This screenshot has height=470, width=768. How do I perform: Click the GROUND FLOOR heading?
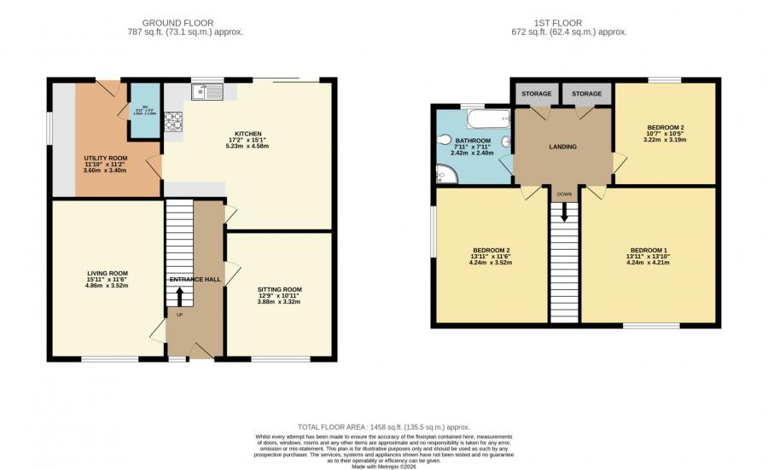click(178, 22)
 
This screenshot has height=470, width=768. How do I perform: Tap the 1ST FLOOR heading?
click(565, 22)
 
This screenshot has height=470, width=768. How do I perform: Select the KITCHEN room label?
click(247, 134)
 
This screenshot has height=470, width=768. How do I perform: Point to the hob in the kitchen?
click(173, 124)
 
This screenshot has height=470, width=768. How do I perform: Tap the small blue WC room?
click(145, 110)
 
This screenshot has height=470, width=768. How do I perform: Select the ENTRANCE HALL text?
click(195, 279)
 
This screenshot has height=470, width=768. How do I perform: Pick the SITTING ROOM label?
click(279, 290)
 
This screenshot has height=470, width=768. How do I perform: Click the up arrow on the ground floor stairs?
click(179, 296)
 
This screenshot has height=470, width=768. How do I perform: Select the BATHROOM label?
click(472, 141)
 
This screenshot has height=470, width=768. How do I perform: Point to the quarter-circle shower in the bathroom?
click(445, 174)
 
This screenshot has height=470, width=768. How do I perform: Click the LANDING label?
click(562, 147)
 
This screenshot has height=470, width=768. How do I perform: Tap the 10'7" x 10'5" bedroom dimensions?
click(665, 133)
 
